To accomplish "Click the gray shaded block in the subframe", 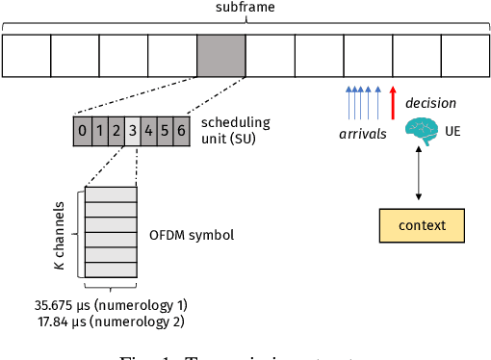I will (220, 56).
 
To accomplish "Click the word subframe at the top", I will (245, 9).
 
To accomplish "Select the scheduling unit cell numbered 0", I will (83, 131).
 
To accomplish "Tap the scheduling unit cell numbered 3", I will (132, 131).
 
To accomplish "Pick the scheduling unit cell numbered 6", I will (181, 131).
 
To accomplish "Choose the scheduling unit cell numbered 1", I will (99, 131).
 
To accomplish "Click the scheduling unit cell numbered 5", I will (165, 131).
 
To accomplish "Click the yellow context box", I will (421, 225).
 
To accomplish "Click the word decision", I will (430, 103).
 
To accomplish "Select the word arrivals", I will (362, 134).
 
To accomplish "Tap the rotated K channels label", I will (61, 234).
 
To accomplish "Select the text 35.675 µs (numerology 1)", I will (110, 305).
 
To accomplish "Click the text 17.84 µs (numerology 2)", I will (110, 322).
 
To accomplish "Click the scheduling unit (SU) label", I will (235, 130).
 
